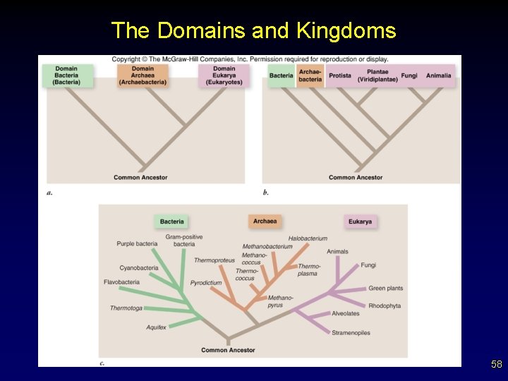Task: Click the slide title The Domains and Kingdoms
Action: click(253, 30)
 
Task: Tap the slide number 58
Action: click(496, 365)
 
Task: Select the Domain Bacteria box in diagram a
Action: click(66, 75)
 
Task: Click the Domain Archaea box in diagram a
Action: click(143, 75)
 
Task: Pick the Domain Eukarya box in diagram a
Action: click(224, 75)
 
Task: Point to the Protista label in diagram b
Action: click(340, 75)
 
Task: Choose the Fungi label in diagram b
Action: click(409, 75)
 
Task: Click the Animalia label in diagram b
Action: click(439, 75)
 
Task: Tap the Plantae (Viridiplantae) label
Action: click(377, 75)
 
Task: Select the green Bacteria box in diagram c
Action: click(172, 222)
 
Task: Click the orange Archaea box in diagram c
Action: click(265, 222)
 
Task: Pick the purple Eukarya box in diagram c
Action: click(360, 222)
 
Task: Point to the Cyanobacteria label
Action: click(139, 268)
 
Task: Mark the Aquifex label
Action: click(156, 327)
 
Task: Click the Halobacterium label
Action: click(308, 238)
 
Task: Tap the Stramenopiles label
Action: click(351, 333)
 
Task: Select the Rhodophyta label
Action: click(385, 306)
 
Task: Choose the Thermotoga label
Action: click(126, 308)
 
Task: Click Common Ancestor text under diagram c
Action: click(228, 350)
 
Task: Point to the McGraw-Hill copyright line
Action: click(250, 59)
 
